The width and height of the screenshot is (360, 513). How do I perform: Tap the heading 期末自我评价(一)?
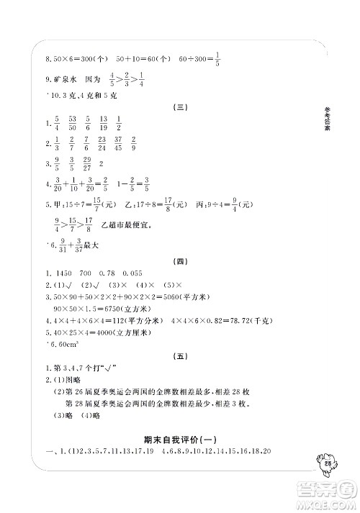click(180, 439)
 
